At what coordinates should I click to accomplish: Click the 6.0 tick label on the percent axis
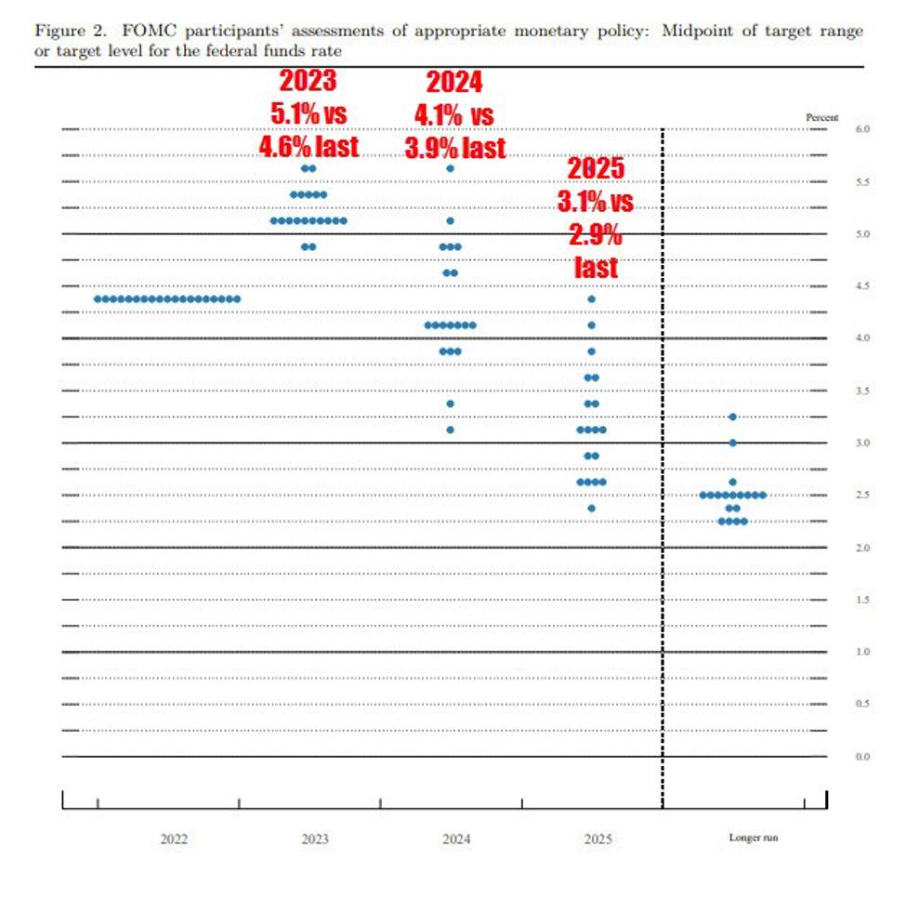pos(862,129)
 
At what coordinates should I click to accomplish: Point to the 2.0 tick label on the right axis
pos(862,548)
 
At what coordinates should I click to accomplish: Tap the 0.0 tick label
pos(862,757)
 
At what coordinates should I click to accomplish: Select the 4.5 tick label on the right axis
pos(862,286)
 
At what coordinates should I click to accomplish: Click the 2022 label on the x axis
pos(174,839)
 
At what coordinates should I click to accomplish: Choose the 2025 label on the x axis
pos(597,839)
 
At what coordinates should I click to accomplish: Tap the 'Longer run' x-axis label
pos(753,839)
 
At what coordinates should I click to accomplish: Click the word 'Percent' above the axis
pos(821,117)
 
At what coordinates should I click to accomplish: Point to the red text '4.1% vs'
pos(453,115)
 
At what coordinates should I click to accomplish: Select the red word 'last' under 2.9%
pos(596,268)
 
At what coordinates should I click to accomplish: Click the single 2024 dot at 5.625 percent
pos(451,168)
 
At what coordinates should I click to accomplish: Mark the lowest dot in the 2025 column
pos(592,508)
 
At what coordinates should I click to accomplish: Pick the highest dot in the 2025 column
pos(592,299)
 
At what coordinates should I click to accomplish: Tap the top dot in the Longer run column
pos(733,417)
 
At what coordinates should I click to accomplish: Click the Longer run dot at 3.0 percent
pos(733,443)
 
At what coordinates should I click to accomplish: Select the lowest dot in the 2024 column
pos(451,430)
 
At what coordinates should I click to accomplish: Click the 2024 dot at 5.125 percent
pos(451,221)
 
